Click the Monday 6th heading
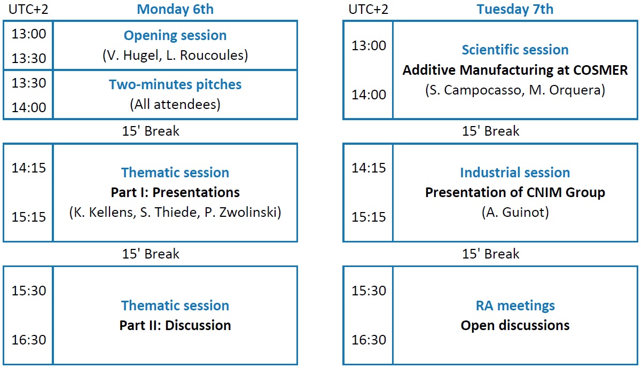coord(175,9)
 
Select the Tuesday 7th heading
coord(515,9)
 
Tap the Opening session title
coord(175,36)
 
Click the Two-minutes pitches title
coord(175,84)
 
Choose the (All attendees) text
coord(175,104)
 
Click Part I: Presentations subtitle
coord(175,192)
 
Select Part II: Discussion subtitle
coord(175,325)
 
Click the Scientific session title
coord(515,50)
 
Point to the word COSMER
coord(600,70)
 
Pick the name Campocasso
coord(482,90)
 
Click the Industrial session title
coord(515,173)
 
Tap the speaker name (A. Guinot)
coord(515,213)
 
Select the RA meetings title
coord(515,306)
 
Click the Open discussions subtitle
coord(515,326)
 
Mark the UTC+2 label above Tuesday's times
coord(369,10)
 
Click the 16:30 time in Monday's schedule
coord(29,340)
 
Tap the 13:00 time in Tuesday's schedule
coord(369,45)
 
